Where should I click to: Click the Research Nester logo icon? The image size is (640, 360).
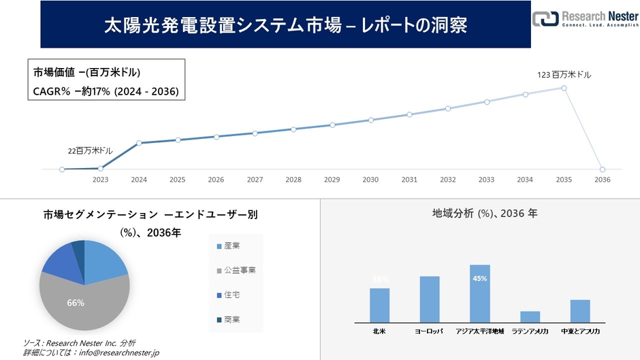coord(545,19)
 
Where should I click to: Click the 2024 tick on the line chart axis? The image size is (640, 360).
coord(139,180)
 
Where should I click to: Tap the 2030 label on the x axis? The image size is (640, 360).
coord(370,180)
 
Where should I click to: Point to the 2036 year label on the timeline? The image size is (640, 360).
coord(602,180)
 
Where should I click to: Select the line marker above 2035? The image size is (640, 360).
coord(564,88)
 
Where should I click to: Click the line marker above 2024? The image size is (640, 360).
coord(139,143)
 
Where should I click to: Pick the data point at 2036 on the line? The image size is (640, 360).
coord(602,169)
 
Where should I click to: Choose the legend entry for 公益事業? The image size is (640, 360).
coord(235,270)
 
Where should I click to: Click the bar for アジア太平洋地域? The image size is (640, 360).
coord(479,293)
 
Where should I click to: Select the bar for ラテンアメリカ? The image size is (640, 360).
coord(530,316)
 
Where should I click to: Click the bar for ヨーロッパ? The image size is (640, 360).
coord(430,299)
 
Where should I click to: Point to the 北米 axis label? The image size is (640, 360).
coord(379,331)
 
